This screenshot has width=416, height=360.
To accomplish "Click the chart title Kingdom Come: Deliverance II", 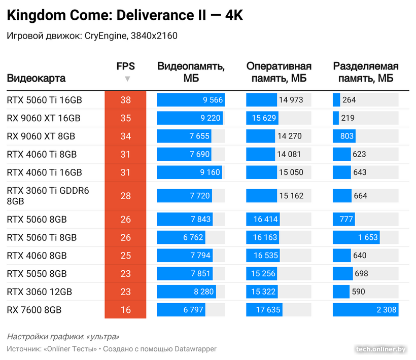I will click(125, 16).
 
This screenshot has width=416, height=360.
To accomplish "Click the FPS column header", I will click(125, 66).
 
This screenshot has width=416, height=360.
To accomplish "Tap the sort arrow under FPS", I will click(127, 79).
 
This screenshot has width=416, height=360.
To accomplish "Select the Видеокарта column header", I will click(36, 79).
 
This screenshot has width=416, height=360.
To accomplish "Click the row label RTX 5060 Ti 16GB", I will click(44, 100).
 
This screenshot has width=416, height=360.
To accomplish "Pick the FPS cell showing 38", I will click(125, 100).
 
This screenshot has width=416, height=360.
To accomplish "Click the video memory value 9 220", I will click(211, 118).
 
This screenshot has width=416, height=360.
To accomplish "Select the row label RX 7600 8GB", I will click(37, 310).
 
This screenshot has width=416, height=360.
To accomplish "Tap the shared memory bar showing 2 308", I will click(365, 310).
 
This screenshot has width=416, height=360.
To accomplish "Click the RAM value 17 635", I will click(266, 310).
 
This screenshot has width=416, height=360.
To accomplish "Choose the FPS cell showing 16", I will click(125, 310).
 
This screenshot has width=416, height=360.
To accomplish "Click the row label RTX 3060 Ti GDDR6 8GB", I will click(48, 196).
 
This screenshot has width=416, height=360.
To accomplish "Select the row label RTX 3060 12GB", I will click(39, 292).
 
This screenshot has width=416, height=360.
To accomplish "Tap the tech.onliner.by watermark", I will click(380, 349).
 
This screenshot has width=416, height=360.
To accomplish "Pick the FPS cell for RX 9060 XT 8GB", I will click(125, 136).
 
